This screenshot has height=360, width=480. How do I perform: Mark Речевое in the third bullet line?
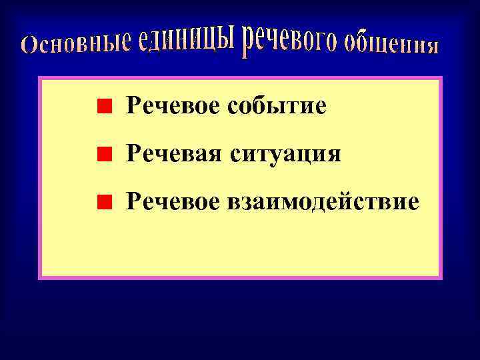point(174,201)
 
